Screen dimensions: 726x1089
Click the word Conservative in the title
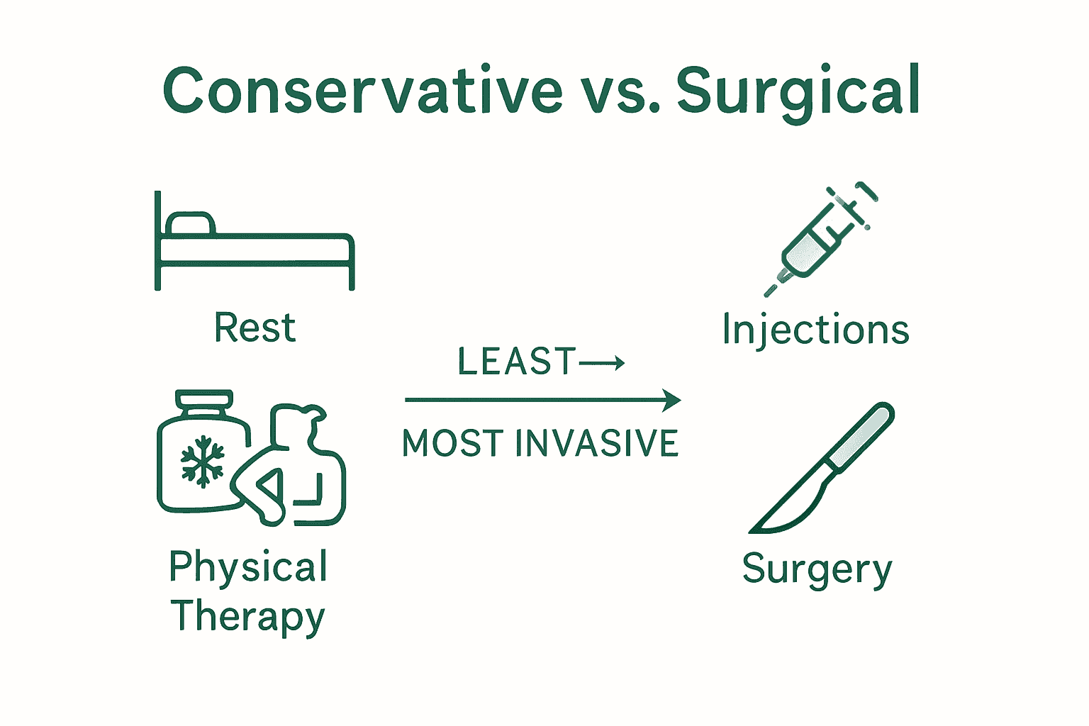362,90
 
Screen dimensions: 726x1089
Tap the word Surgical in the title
798,90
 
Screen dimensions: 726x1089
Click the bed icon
254,245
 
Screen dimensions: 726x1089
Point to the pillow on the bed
189,223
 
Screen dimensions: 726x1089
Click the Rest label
255,328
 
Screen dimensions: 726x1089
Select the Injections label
815,330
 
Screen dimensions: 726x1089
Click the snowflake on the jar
203,461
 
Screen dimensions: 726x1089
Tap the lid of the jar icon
204,399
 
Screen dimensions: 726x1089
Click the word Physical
248,568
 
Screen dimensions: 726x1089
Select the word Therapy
248,616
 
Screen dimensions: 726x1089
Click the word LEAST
517,362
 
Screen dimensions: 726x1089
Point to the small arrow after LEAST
602,364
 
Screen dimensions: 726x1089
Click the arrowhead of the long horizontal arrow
671,400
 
